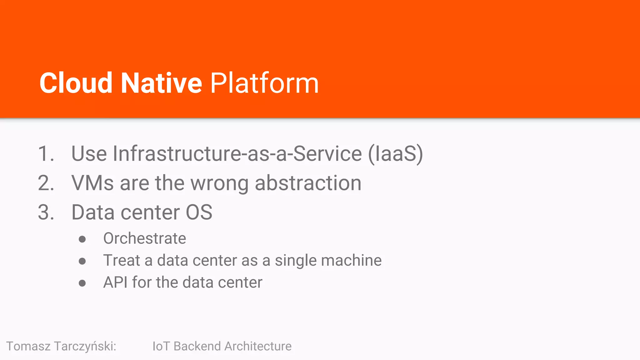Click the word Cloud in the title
click(76, 83)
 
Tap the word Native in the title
click(161, 83)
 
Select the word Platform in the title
click(264, 83)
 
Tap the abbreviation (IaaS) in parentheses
click(395, 154)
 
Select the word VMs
click(92, 183)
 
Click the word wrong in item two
click(219, 183)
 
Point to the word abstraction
click(308, 183)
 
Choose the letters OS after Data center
click(199, 212)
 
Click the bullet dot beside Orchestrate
click(82, 239)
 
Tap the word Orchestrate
click(145, 238)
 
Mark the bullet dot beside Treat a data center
click(82, 261)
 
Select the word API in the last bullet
click(115, 282)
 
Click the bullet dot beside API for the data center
click(82, 283)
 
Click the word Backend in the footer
click(197, 346)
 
